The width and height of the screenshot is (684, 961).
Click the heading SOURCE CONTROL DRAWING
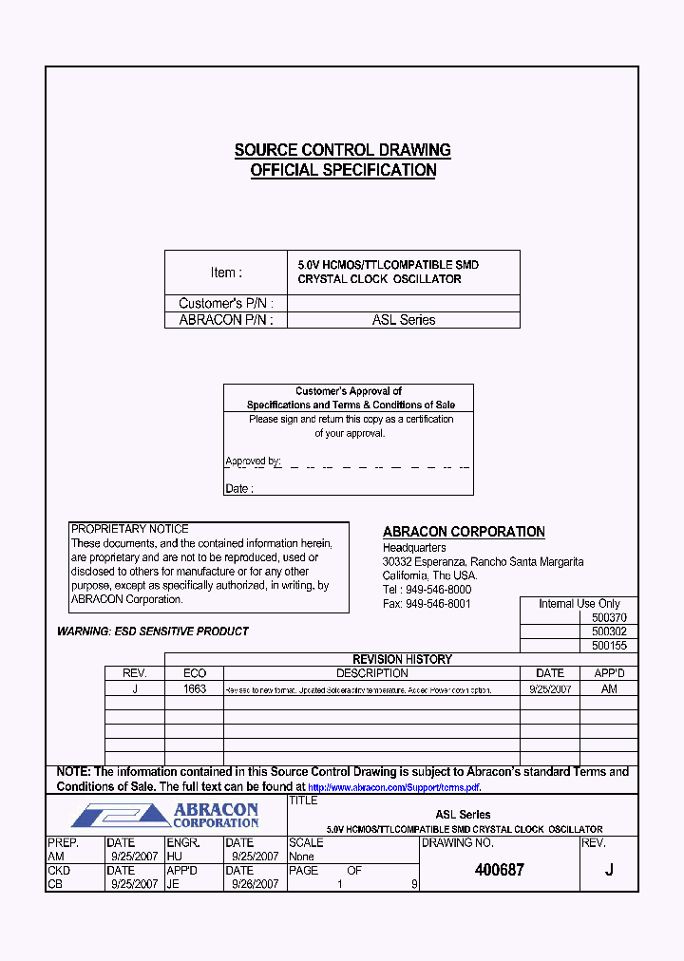pyautogui.click(x=342, y=150)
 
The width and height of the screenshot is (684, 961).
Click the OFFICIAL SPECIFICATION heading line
pyautogui.click(x=342, y=171)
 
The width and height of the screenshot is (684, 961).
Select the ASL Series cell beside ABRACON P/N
pyautogui.click(x=403, y=320)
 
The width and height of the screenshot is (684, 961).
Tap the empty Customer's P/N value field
pyautogui.click(x=403, y=303)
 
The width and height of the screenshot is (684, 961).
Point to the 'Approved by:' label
pyautogui.click(x=253, y=462)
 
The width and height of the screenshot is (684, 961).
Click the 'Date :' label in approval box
pyautogui.click(x=238, y=488)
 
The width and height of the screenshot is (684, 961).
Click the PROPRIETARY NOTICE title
pyautogui.click(x=129, y=529)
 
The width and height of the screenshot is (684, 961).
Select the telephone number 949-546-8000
pyautogui.click(x=438, y=590)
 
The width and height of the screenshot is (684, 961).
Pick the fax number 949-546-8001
pyautogui.click(x=438, y=604)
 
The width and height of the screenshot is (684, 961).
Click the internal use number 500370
pyautogui.click(x=608, y=617)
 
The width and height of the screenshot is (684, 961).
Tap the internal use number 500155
pyautogui.click(x=608, y=646)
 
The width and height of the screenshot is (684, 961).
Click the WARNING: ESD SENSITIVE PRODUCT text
pyautogui.click(x=153, y=631)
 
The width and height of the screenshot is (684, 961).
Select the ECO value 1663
pyautogui.click(x=195, y=689)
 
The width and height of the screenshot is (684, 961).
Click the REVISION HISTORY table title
pyautogui.click(x=402, y=659)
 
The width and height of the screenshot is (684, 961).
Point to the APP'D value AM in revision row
pyautogui.click(x=609, y=689)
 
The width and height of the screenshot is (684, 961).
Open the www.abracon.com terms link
pyautogui.click(x=394, y=787)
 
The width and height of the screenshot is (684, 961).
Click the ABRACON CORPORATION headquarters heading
pyautogui.click(x=464, y=532)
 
